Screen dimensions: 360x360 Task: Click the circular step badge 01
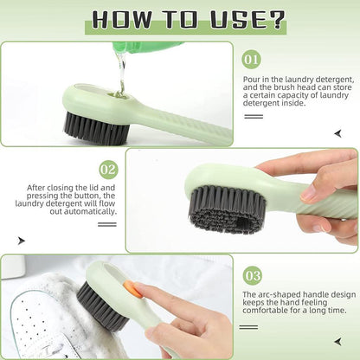[252, 61]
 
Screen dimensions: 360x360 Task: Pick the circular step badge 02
[108, 169]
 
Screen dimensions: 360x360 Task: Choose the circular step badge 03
[252, 276]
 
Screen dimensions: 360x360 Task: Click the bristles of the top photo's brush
[96, 128]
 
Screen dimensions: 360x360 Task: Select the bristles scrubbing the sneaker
[99, 308]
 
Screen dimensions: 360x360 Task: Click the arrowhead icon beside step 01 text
[337, 132]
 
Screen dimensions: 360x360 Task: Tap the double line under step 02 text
[106, 224]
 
